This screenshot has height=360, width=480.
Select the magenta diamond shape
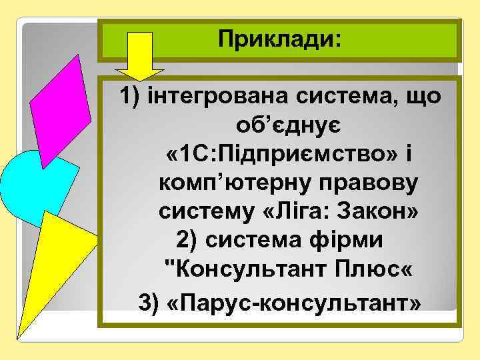coord(61,110)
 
